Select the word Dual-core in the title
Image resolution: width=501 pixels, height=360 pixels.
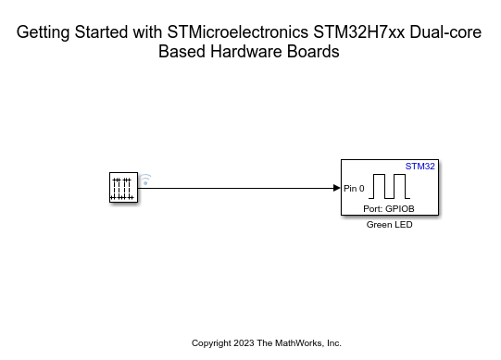[445, 32]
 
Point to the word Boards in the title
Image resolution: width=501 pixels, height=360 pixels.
[313, 52]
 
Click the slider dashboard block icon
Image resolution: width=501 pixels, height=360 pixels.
[122, 188]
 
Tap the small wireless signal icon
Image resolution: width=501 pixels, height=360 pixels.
[145, 179]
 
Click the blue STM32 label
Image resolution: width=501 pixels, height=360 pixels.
[420, 167]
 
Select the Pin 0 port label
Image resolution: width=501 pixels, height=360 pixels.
[354, 189]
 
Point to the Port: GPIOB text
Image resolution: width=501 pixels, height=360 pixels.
[389, 209]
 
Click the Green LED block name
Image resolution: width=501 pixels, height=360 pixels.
[389, 225]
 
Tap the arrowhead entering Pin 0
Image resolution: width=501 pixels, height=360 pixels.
[337, 188]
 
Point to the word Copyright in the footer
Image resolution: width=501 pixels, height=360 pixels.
[212, 343]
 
